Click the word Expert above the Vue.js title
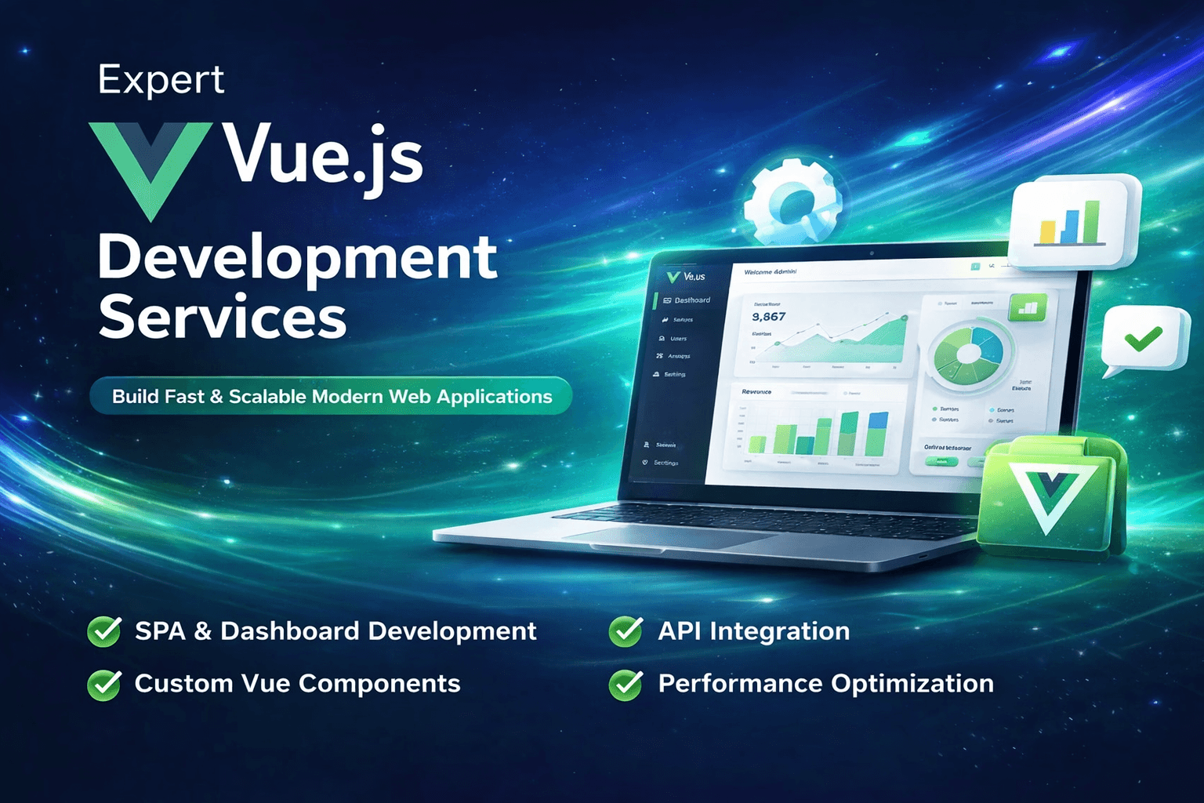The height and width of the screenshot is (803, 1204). (x=161, y=80)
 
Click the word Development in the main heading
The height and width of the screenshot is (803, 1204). (x=297, y=259)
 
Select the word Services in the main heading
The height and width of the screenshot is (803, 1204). (x=223, y=317)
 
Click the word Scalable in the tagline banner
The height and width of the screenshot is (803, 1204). (x=267, y=397)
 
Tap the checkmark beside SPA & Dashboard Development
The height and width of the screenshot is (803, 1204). (x=104, y=631)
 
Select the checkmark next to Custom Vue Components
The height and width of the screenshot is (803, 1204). (x=104, y=684)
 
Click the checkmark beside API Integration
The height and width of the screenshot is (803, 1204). (x=626, y=631)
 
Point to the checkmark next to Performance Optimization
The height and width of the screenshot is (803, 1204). (x=626, y=684)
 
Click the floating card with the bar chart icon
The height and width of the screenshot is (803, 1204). (x=1073, y=221)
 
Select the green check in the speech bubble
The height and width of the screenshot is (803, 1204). (x=1144, y=339)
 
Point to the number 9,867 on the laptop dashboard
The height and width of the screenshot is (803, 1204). (x=768, y=317)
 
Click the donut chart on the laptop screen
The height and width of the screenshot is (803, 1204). (x=969, y=353)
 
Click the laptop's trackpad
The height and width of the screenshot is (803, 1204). (x=666, y=537)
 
